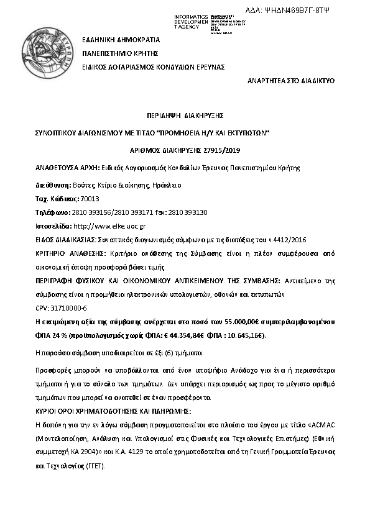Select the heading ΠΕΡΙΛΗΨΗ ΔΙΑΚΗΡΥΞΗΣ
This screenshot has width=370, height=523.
[x=185, y=116]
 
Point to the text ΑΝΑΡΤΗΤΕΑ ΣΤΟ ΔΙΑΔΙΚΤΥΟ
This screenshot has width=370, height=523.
[x=291, y=81]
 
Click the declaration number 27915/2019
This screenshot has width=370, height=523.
[x=223, y=150]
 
